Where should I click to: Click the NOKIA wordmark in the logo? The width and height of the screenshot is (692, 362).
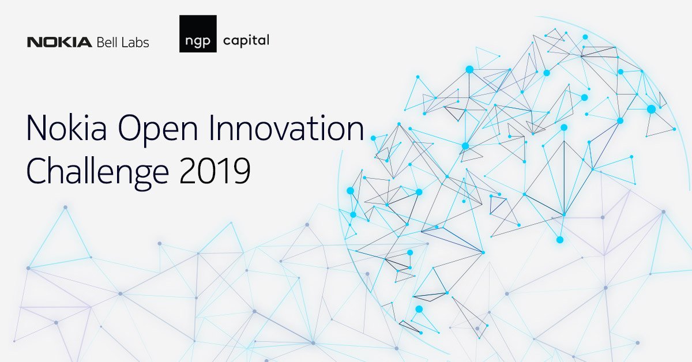(59, 42)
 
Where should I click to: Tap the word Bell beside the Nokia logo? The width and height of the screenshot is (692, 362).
(107, 42)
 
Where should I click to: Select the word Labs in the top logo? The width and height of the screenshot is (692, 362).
(136, 42)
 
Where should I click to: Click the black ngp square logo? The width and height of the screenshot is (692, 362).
(198, 33)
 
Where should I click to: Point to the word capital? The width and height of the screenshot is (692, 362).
(246, 41)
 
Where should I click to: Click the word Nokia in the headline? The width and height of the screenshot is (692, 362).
(66, 128)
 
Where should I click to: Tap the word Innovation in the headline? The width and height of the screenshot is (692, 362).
(287, 128)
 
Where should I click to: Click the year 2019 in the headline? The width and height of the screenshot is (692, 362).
(215, 171)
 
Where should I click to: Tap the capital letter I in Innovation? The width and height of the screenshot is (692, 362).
(212, 128)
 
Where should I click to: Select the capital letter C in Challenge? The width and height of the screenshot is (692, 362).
(37, 171)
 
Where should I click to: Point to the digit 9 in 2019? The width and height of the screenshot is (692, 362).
(242, 171)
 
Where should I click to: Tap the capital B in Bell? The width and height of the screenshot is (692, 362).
(100, 42)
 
